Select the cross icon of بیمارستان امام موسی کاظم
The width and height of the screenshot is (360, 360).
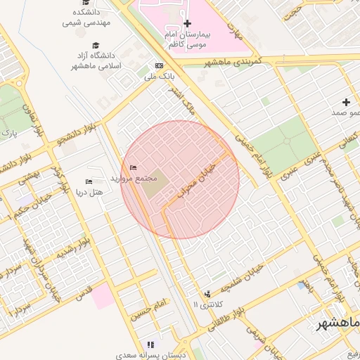click(187, 23)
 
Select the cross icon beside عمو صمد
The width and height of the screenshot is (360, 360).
click(346, 102)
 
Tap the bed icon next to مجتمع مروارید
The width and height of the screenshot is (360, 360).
click(134, 167)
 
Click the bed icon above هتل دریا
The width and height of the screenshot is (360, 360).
click(89, 181)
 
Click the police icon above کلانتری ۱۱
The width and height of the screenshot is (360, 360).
click(207, 294)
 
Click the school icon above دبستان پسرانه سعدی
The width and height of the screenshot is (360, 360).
click(150, 345)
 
